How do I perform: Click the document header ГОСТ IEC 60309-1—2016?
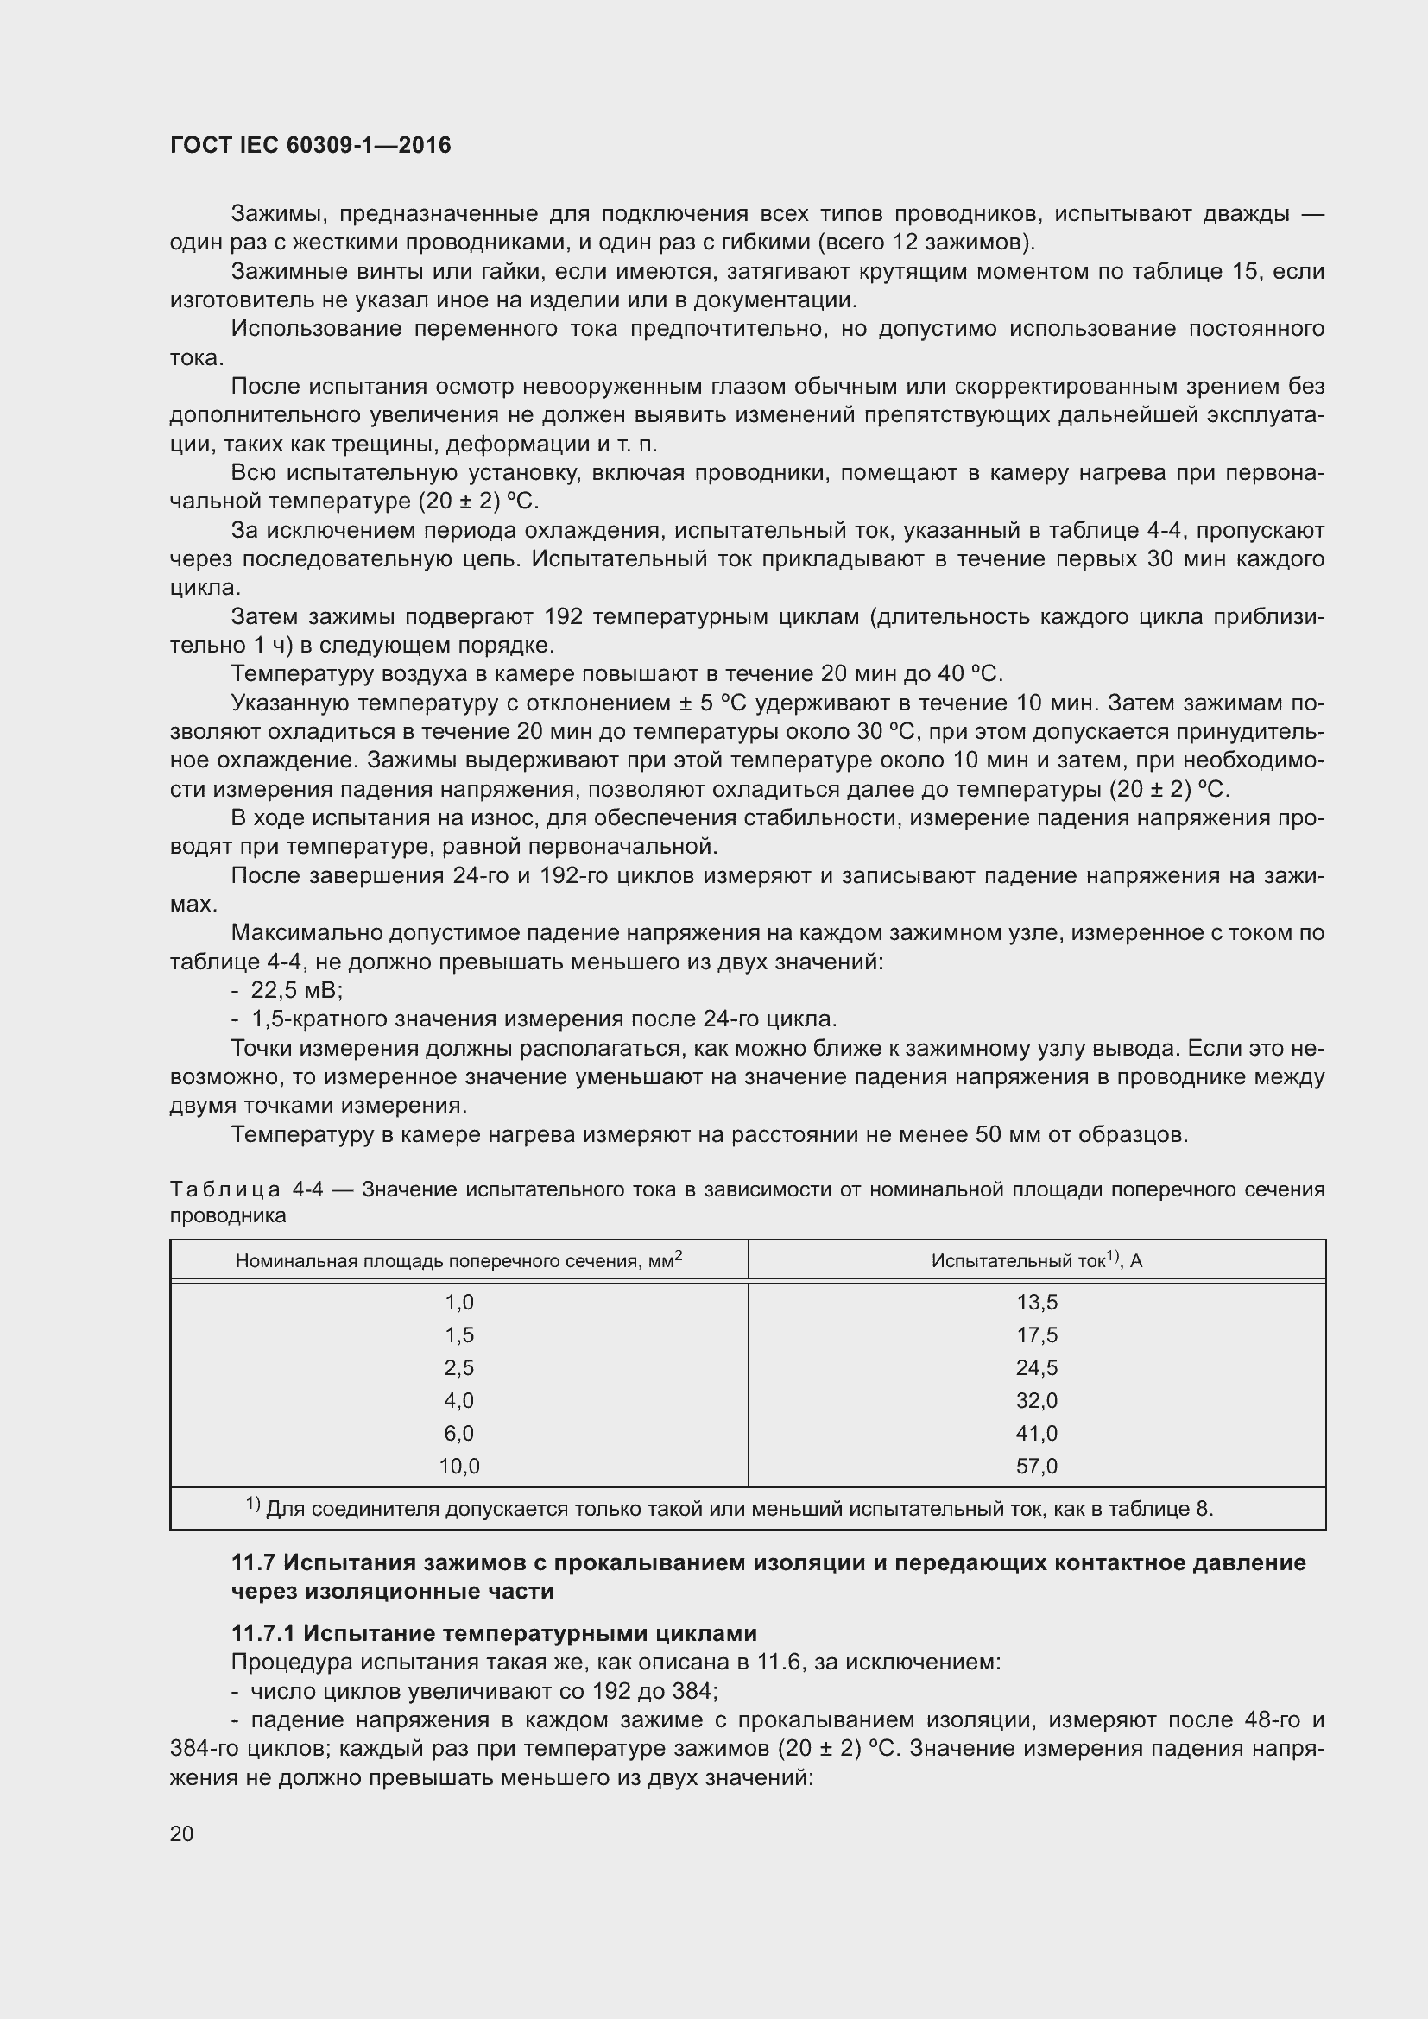click(310, 145)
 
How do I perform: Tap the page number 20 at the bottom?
click(181, 1833)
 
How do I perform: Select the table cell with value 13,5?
click(1036, 1302)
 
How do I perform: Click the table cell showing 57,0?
click(1036, 1466)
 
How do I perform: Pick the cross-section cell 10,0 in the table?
click(459, 1466)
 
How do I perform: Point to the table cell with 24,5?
click(1036, 1367)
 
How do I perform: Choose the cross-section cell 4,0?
click(459, 1400)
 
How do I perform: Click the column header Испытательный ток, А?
click(1036, 1261)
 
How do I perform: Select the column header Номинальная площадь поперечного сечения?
click(459, 1261)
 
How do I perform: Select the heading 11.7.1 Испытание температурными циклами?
click(493, 1633)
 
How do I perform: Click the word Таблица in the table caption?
click(224, 1189)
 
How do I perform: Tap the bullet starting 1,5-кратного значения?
click(542, 1019)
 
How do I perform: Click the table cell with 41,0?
click(1036, 1434)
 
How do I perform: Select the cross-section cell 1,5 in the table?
click(459, 1334)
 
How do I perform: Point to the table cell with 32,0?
click(1036, 1400)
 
